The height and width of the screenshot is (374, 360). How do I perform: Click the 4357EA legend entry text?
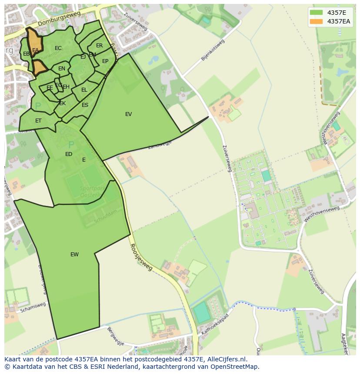(x=339, y=21)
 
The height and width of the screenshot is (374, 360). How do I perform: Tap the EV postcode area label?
(x=128, y=114)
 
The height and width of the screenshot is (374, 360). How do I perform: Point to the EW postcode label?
(x=74, y=255)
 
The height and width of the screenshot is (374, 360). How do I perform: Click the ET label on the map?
(x=38, y=121)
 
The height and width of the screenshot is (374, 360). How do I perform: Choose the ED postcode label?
(x=69, y=154)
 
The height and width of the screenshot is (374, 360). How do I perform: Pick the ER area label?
(x=100, y=46)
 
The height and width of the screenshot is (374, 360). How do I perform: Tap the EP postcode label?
(x=105, y=61)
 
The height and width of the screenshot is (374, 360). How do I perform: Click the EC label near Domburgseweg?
(x=58, y=48)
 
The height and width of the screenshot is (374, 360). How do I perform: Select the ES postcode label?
(x=85, y=105)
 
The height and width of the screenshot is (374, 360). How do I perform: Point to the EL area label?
(x=84, y=90)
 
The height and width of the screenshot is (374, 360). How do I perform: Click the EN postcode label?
(x=62, y=69)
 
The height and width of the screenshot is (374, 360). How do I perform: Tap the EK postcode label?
(x=63, y=103)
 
